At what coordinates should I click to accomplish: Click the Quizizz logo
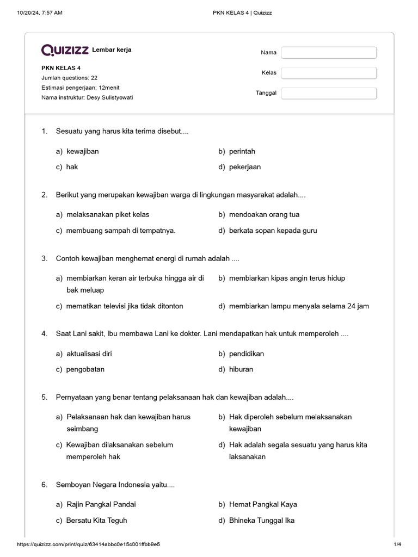65,50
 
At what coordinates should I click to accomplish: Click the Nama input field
329,53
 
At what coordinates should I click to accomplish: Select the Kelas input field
329,73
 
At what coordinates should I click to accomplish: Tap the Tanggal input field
329,93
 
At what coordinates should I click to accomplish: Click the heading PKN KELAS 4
61,68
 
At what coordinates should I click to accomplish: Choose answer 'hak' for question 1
72,167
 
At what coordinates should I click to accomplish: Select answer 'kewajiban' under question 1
82,151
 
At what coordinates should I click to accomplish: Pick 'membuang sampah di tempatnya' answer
121,231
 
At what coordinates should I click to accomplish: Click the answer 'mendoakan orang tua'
264,215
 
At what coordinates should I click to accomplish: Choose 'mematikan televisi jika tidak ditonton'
125,306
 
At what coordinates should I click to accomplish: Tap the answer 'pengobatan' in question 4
85,369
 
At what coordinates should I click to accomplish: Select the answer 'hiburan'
241,369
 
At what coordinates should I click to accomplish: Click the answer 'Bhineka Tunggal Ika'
262,521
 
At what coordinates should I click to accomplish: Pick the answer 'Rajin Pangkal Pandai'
101,505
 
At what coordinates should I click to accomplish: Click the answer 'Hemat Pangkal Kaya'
263,505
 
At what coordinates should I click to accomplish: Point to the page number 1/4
397,544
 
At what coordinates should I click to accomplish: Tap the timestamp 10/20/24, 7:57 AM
40,13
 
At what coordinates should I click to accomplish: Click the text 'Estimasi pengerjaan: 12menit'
84,88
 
